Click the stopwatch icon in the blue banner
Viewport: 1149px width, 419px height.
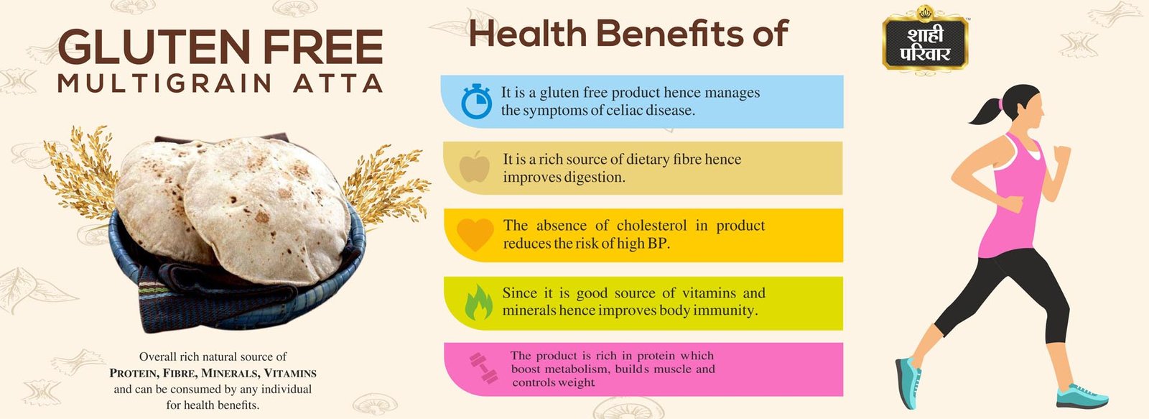point(476,101)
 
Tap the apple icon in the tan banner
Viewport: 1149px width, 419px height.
point(475,167)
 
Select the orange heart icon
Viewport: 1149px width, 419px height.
point(475,234)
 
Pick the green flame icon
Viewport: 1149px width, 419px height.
point(478,303)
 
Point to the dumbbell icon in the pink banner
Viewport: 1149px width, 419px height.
point(484,368)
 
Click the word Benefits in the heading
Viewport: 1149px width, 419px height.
point(669,33)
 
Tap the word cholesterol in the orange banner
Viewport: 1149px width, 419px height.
point(651,226)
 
